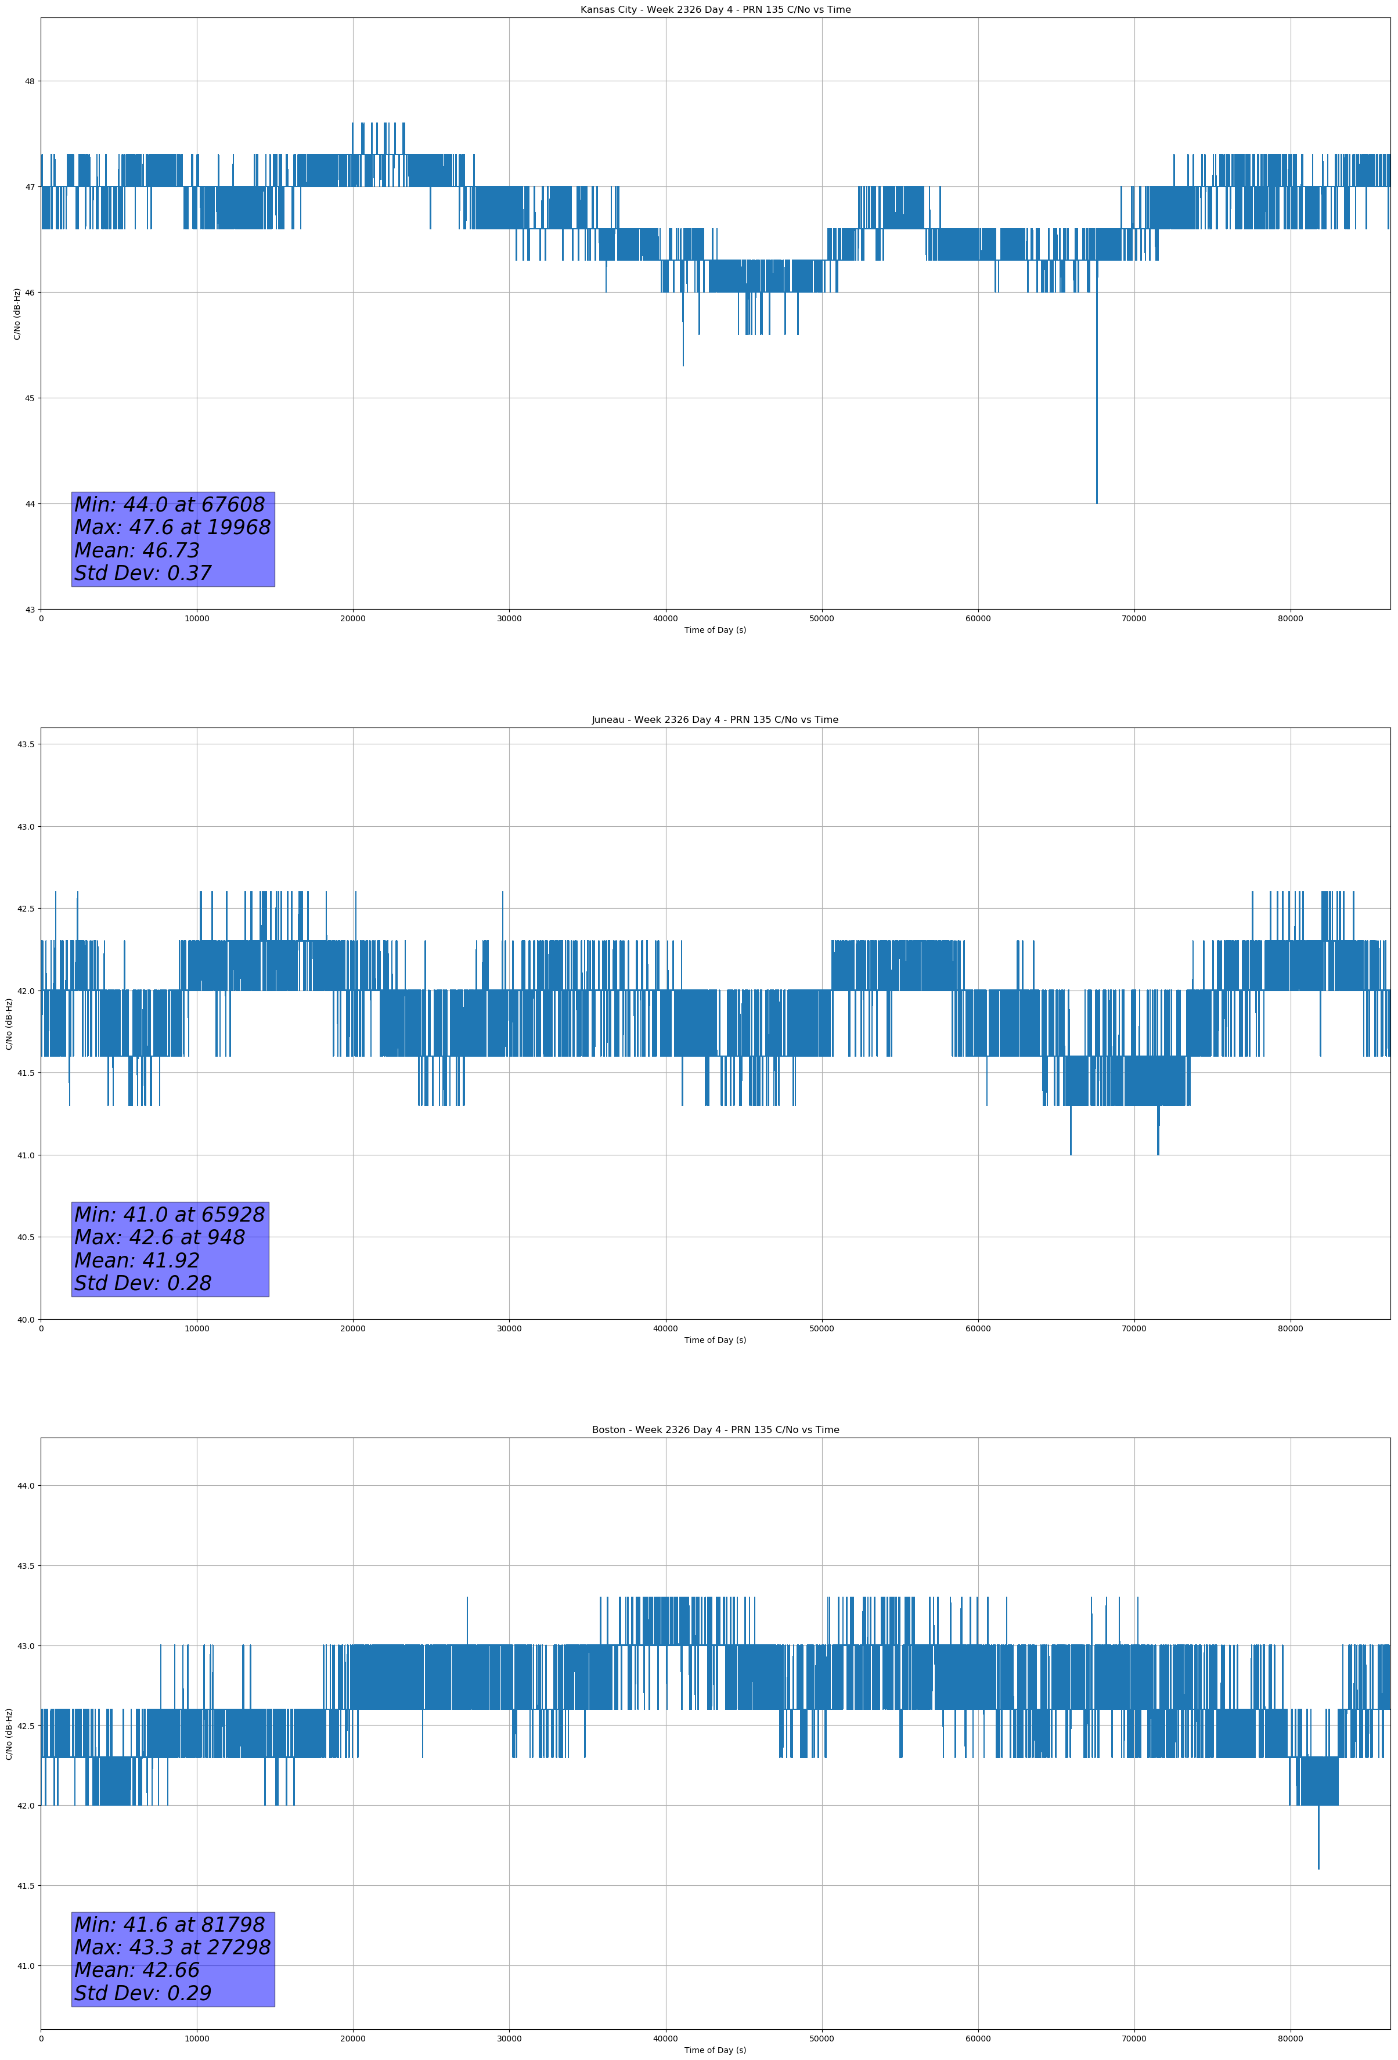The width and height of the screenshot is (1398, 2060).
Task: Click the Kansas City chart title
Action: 715,10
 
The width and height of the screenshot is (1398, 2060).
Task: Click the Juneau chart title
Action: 715,720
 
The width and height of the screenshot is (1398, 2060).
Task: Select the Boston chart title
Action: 715,1430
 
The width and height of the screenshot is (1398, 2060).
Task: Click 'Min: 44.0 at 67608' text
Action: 170,505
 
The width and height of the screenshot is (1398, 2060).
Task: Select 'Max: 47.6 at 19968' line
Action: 172,527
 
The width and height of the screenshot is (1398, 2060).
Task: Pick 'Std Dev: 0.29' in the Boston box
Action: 143,1993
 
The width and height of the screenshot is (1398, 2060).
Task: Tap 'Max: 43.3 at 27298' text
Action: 172,1947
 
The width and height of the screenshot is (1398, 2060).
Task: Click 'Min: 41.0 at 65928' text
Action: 170,1215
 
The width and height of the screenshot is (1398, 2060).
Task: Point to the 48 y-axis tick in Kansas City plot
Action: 29,81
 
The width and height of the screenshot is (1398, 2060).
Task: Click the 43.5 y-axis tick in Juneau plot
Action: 26,744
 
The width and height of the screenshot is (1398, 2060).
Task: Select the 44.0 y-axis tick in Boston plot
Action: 26,1486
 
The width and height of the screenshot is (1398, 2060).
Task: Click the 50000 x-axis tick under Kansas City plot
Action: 821,619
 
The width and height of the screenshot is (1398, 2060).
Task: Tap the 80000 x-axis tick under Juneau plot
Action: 1290,1328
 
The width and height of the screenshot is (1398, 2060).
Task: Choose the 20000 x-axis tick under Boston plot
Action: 353,2039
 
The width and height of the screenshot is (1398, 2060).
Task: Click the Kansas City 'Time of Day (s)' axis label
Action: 715,630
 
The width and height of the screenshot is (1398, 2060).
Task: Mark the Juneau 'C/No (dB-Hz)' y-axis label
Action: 9,1024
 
